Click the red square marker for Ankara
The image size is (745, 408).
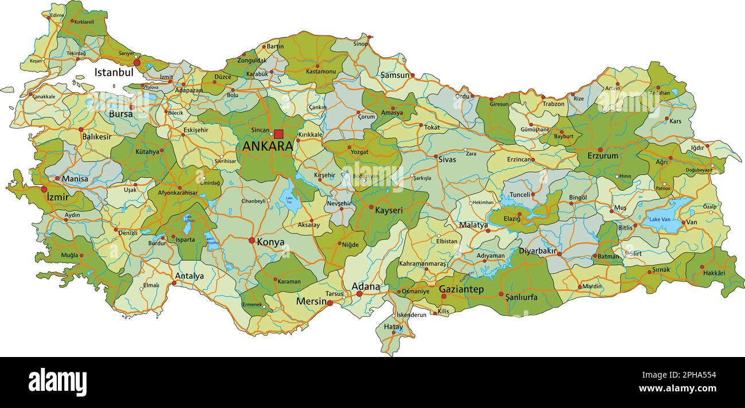(x=279, y=134)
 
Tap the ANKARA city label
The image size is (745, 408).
(x=268, y=146)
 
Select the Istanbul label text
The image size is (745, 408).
(x=113, y=73)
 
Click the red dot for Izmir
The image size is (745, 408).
(x=44, y=189)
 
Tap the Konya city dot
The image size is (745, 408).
(x=252, y=241)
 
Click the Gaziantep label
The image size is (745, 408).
(x=461, y=290)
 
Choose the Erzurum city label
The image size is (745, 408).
(x=603, y=156)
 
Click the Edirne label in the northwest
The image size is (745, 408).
(x=57, y=15)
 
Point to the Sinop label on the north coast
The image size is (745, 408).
(x=360, y=44)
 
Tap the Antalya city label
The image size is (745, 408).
(x=190, y=276)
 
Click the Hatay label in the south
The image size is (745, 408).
(x=393, y=327)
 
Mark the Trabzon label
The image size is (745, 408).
(x=554, y=104)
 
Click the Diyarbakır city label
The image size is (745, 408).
(x=538, y=251)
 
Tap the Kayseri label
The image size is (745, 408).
(x=389, y=210)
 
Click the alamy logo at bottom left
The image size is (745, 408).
(x=58, y=382)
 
